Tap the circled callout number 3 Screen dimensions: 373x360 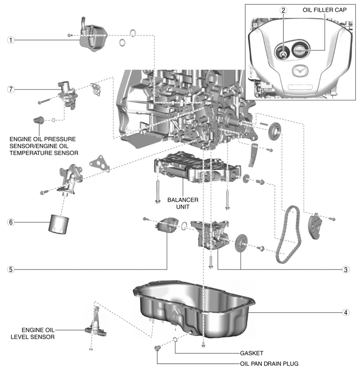pyautogui.click(x=346, y=269)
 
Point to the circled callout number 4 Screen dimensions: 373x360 pyautogui.click(x=346, y=312)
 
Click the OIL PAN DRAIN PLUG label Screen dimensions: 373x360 pyautogui.click(x=269, y=364)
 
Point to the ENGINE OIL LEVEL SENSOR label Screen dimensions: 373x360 pyautogui.click(x=33, y=333)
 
